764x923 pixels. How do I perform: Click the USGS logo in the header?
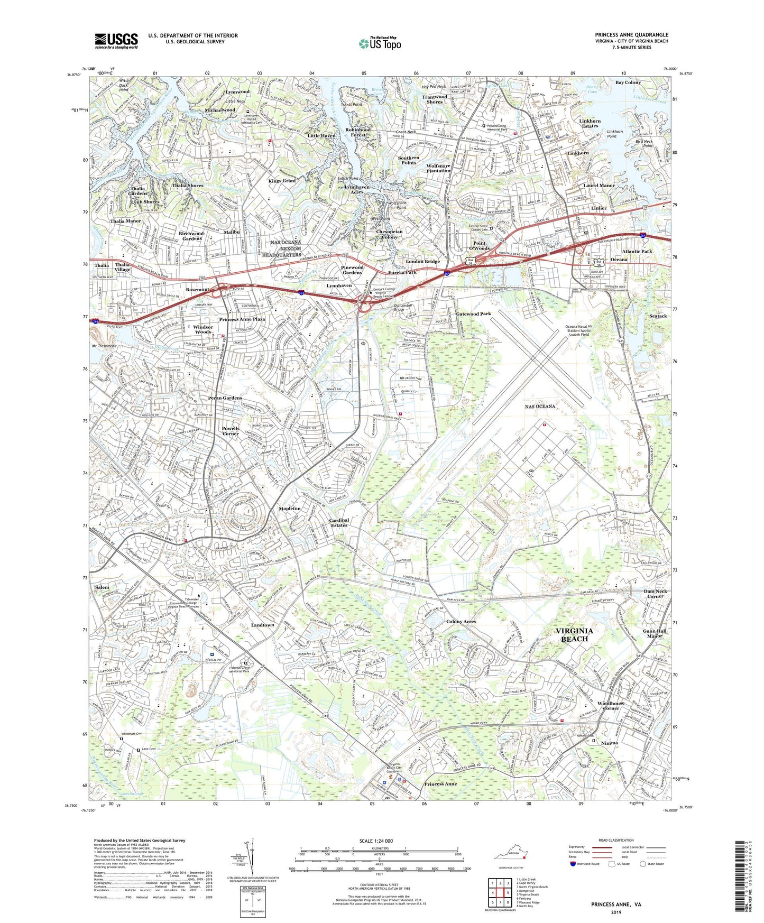pos(116,41)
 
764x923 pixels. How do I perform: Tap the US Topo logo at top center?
pos(380,43)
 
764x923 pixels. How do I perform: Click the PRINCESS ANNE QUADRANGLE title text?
pos(631,35)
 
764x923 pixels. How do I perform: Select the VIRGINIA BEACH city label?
pos(574,635)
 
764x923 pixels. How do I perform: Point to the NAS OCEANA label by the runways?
pos(540,406)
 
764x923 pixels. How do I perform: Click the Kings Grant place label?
pos(282,181)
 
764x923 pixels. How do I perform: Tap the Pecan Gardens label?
pos(225,398)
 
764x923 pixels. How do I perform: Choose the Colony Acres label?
pos(461,622)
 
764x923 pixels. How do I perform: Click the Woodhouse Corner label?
pos(611,706)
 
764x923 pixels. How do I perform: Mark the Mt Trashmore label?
pos(104,346)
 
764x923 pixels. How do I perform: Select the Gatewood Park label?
pos(473,314)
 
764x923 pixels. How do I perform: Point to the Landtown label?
pos(262,625)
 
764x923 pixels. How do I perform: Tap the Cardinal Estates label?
pos(339,522)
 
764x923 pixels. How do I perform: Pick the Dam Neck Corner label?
pos(655,594)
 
